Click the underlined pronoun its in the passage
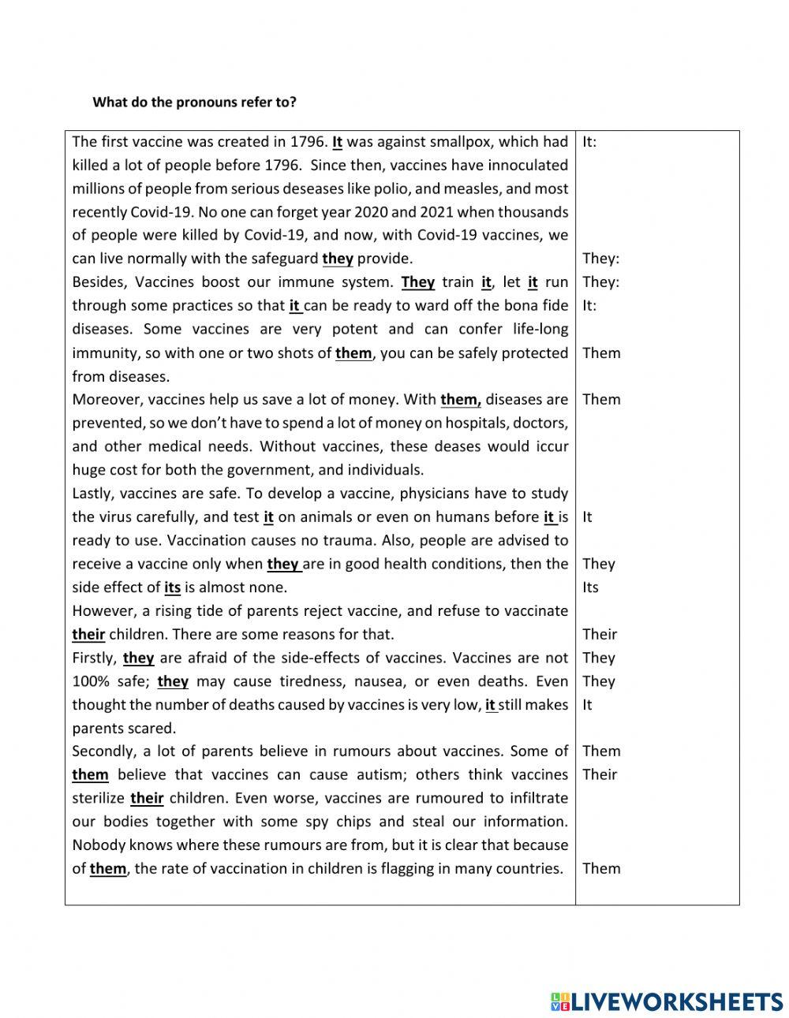tap(172, 587)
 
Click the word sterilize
tap(99, 798)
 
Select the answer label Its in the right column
tap(590, 587)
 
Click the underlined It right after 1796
tap(337, 142)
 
